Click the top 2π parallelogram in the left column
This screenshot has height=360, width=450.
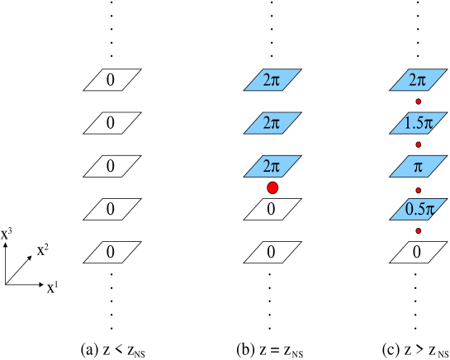[272, 80]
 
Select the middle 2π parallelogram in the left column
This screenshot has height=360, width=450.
[272, 123]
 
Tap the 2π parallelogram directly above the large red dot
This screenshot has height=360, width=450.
[272, 166]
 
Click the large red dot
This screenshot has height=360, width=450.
[272, 188]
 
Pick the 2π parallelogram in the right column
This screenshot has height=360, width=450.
[419, 80]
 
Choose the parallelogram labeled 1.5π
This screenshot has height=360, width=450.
[419, 123]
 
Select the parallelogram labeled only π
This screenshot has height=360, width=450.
[419, 166]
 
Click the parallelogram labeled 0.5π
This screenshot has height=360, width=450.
[419, 209]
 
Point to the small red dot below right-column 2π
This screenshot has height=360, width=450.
[419, 102]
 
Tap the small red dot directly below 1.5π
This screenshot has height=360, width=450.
[419, 144]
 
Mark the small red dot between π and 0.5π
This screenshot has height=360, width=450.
[419, 190]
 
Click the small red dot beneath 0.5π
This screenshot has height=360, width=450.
[419, 230]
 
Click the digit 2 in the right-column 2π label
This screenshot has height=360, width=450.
[414, 80]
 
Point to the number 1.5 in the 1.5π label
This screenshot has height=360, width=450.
[413, 123]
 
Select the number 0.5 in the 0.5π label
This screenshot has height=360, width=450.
[413, 209]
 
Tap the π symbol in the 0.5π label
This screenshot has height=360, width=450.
[428, 210]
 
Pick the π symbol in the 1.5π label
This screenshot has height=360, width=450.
[428, 124]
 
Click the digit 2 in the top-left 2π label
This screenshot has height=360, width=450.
[268, 80]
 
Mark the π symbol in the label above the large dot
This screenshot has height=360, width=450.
[277, 167]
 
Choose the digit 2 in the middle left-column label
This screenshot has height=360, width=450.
[268, 123]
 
